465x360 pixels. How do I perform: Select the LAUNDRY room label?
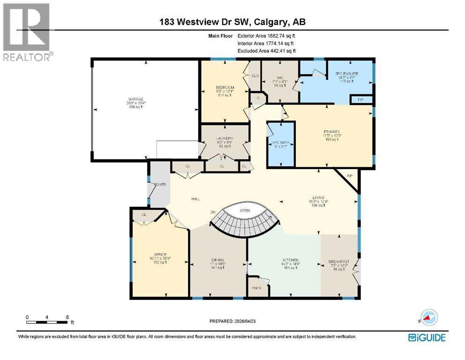pos(225,138)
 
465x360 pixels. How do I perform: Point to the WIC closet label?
pos(280,78)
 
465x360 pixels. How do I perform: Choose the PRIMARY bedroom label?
pos(331,132)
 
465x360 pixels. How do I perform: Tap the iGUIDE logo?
pos(427,337)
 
